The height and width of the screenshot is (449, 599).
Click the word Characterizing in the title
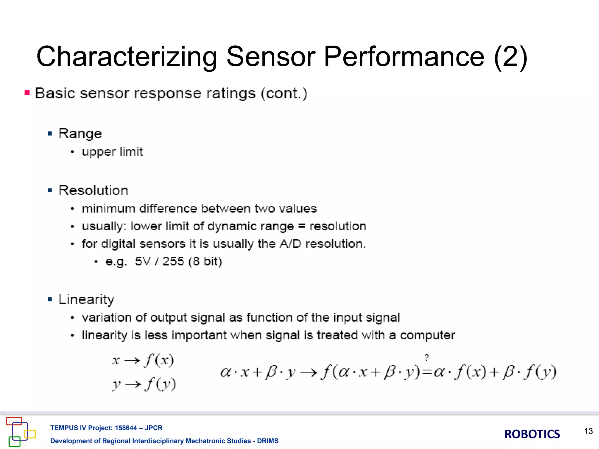click(126, 57)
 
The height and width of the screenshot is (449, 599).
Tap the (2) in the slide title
click(510, 57)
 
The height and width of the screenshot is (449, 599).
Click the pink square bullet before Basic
click(27, 93)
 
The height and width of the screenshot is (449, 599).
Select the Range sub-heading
click(80, 134)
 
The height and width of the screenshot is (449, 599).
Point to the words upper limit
click(112, 152)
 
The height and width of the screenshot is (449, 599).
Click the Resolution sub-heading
click(93, 190)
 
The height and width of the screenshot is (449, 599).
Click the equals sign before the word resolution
click(302, 226)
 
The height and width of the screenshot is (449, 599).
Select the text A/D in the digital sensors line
click(290, 244)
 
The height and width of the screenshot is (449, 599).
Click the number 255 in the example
click(173, 261)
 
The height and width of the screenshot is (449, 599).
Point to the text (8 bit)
click(205, 261)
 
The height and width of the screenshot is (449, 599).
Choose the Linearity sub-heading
click(86, 300)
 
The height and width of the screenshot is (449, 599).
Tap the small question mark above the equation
click(427, 358)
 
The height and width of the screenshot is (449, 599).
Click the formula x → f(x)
click(143, 360)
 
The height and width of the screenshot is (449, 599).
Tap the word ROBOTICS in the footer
click(532, 434)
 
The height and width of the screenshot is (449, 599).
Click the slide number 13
click(588, 431)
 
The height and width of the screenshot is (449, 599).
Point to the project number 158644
click(126, 428)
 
